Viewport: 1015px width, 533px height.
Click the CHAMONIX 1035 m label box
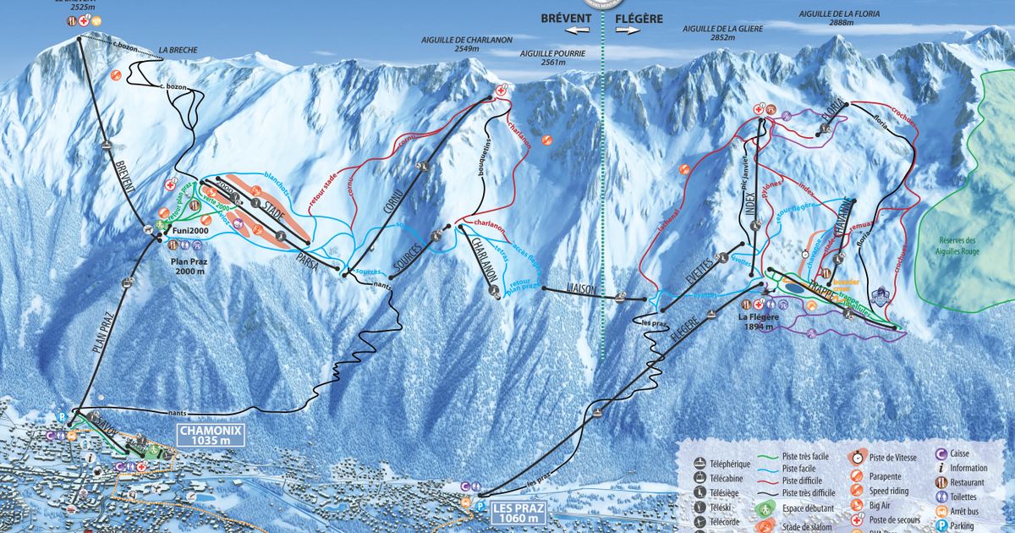pyautogui.click(x=210, y=435)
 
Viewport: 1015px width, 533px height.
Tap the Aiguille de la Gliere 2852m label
pyautogui.click(x=723, y=33)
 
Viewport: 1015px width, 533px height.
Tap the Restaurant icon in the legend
pyautogui.click(x=941, y=482)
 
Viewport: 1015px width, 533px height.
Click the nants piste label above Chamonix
pyautogui.click(x=178, y=412)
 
